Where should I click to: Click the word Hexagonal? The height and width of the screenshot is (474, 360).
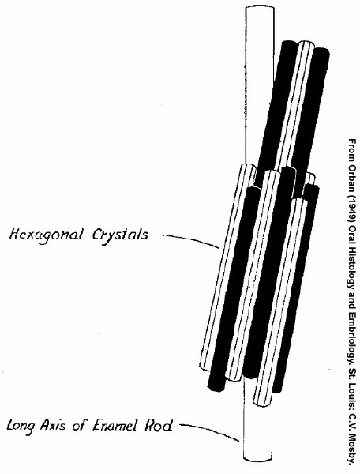pos(46,235)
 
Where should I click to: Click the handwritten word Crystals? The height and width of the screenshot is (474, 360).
pos(120,235)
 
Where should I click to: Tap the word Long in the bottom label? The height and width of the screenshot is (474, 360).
pos(20,426)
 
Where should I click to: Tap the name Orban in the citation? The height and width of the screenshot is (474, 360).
pos(352,180)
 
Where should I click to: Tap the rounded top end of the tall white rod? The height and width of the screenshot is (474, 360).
pos(260,9)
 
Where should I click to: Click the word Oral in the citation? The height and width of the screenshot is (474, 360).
pos(352,235)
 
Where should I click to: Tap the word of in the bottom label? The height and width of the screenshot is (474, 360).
pos(80,426)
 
